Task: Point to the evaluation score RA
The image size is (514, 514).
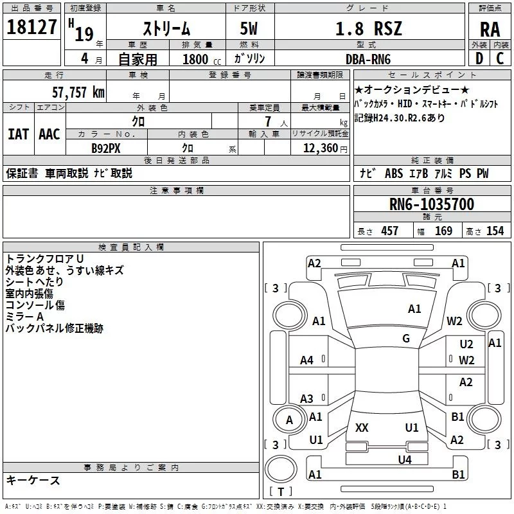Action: tap(490, 30)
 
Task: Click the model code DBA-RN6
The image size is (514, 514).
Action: tap(368, 58)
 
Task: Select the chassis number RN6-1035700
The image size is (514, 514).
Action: tap(432, 205)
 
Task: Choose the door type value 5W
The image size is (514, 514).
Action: tap(251, 30)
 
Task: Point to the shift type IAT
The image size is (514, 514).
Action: tap(18, 134)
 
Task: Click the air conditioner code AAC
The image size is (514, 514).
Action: tap(49, 134)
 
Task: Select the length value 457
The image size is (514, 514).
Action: tap(389, 231)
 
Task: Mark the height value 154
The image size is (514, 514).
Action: tap(495, 231)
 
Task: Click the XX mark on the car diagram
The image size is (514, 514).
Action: tap(362, 427)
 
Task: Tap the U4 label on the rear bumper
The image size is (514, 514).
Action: tap(404, 459)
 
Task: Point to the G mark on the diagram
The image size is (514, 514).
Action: tap(406, 339)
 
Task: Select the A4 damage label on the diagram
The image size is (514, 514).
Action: tap(306, 360)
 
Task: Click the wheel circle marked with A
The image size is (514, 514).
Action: tap(289, 420)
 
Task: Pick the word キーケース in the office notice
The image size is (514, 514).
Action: tap(33, 481)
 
